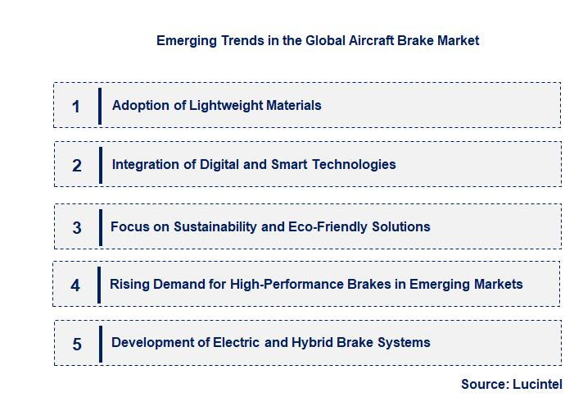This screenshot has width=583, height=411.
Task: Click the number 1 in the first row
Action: click(x=76, y=106)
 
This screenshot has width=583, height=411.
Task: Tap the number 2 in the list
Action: click(x=77, y=165)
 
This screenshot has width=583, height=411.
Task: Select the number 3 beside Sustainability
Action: click(x=77, y=227)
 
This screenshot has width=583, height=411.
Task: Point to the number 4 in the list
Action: click(x=75, y=285)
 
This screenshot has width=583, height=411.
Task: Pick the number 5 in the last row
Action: click(x=77, y=344)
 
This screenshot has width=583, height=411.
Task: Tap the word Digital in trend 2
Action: click(x=220, y=164)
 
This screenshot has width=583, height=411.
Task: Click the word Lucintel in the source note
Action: click(x=539, y=384)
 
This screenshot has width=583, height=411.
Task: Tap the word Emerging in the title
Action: click(x=188, y=40)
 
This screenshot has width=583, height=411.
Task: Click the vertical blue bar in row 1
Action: click(x=100, y=105)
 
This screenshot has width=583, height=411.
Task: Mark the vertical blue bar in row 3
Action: click(x=100, y=226)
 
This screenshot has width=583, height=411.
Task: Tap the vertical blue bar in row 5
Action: click(x=100, y=343)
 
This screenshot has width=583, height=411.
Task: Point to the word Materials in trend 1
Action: click(x=292, y=105)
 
